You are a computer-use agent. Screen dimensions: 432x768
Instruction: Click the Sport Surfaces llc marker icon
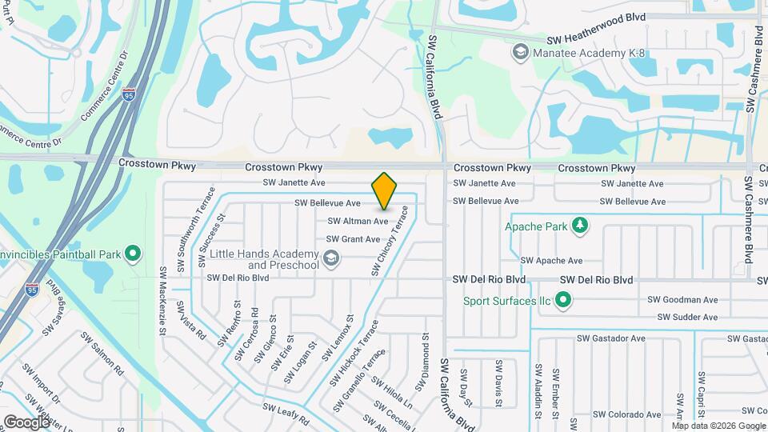point(563,302)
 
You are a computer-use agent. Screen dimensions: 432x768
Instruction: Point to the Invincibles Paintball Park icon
point(133,255)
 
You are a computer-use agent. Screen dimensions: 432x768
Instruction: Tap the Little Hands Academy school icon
point(331,258)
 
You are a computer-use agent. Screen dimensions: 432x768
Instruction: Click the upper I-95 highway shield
point(129,95)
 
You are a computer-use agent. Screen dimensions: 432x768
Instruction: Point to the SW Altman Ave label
point(358,221)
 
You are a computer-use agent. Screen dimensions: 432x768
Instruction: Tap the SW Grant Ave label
point(353,239)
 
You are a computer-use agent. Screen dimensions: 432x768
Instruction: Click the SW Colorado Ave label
point(632,414)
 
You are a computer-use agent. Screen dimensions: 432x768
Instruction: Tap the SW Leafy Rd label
point(286,413)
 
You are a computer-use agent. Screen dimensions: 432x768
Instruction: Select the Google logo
point(26,422)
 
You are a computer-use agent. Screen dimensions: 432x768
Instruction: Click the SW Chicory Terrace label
point(390,242)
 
